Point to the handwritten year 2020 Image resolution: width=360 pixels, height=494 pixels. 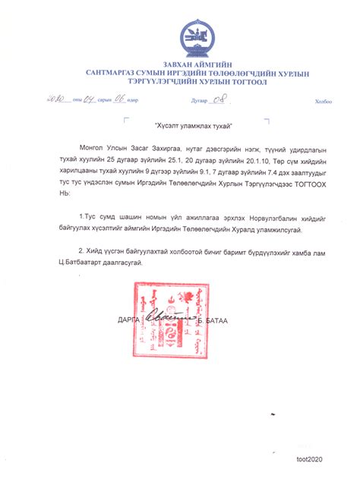tap(55, 99)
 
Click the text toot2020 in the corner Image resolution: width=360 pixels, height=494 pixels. tap(309, 460)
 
